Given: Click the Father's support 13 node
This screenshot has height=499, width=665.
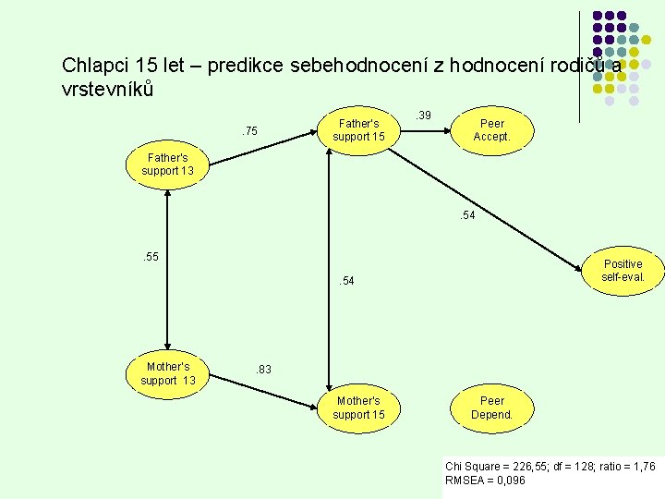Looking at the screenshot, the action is (x=166, y=164).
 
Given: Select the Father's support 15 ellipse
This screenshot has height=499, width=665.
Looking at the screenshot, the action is (x=358, y=130).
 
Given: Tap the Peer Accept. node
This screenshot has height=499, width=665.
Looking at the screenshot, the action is (x=491, y=130).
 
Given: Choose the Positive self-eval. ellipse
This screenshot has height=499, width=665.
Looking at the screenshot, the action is (x=622, y=271).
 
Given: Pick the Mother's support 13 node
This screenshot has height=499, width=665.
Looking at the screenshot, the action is (x=167, y=373).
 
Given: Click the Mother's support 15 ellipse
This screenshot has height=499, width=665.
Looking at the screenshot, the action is (x=358, y=408).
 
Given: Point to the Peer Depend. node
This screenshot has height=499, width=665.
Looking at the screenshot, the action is (x=491, y=408).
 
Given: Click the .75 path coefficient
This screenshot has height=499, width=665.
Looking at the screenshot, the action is (x=249, y=131).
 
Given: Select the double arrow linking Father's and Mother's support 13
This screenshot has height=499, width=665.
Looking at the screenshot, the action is (x=167, y=268).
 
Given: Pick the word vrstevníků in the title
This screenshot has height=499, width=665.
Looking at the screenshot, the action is (x=107, y=90).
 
